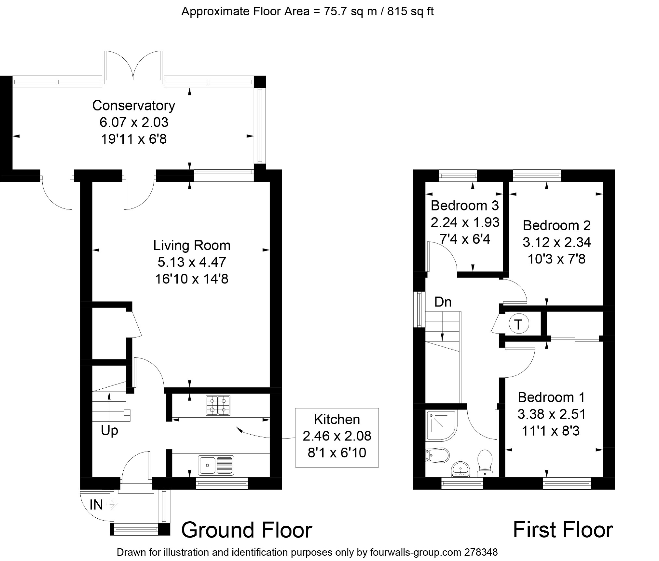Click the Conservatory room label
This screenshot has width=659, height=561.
(x=134, y=106)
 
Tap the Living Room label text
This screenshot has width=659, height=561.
(x=192, y=245)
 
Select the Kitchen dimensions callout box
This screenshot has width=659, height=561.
(x=337, y=437)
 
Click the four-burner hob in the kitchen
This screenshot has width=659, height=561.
(x=218, y=405)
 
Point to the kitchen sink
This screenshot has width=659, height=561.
(x=216, y=465)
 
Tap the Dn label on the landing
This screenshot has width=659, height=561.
(x=443, y=302)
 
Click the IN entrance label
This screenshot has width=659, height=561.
(x=96, y=505)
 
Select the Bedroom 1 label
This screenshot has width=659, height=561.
(x=551, y=397)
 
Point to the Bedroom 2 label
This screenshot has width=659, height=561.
(x=556, y=225)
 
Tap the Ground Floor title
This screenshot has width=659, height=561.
(x=247, y=530)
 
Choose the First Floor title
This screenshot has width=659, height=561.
(x=563, y=530)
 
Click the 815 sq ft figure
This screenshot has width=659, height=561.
(x=410, y=11)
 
